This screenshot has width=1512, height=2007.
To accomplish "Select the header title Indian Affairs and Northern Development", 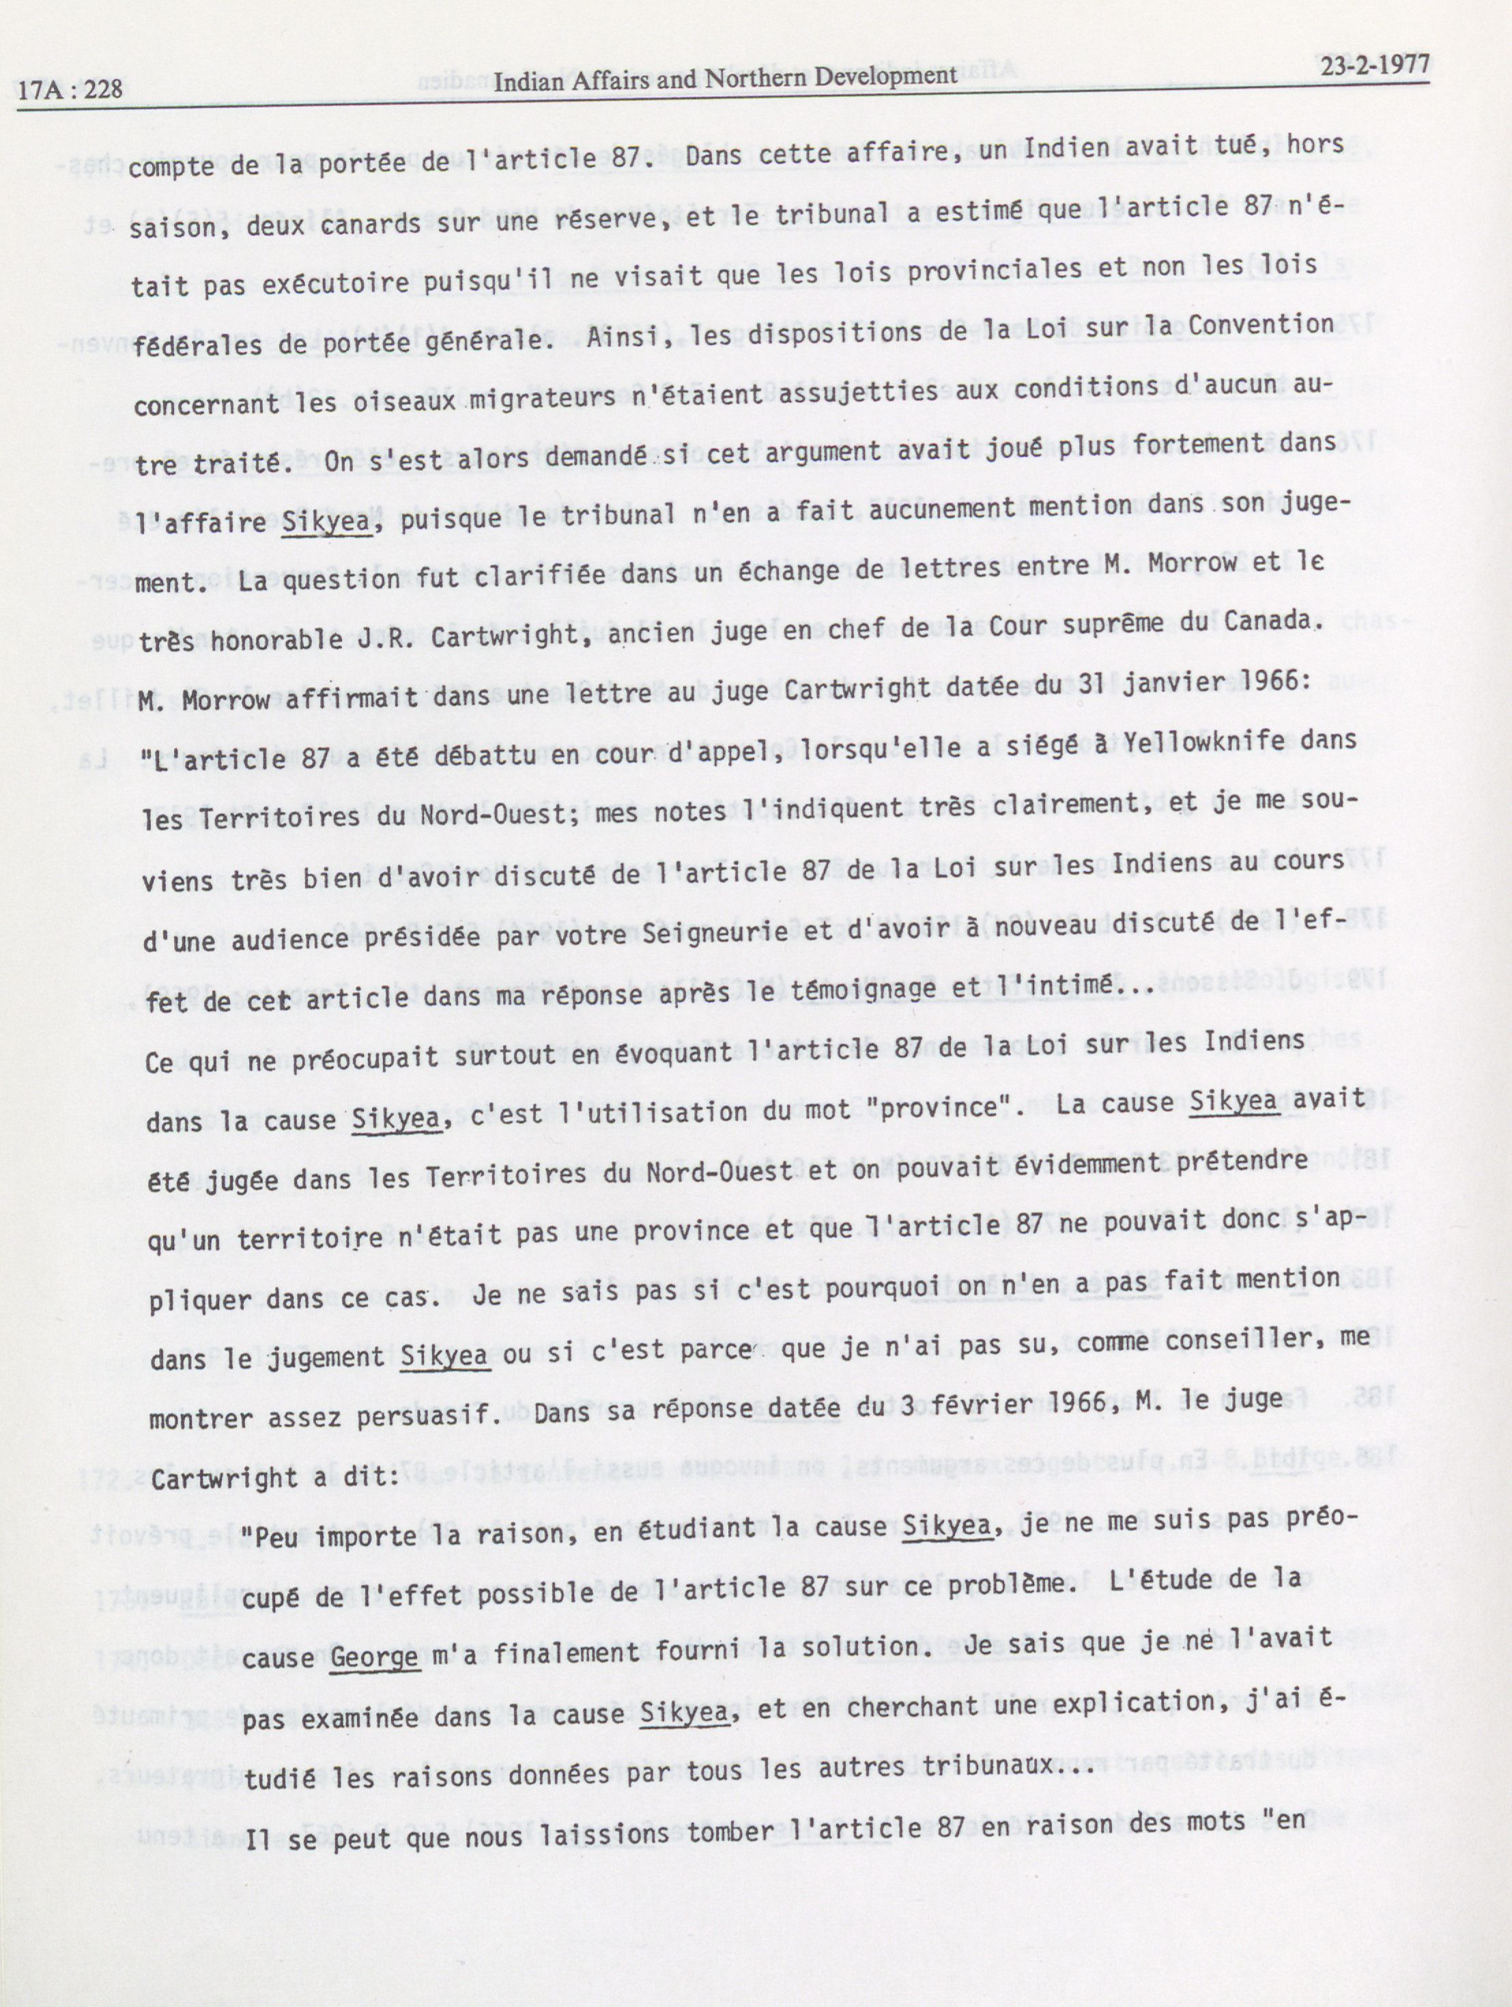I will [x=725, y=76].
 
